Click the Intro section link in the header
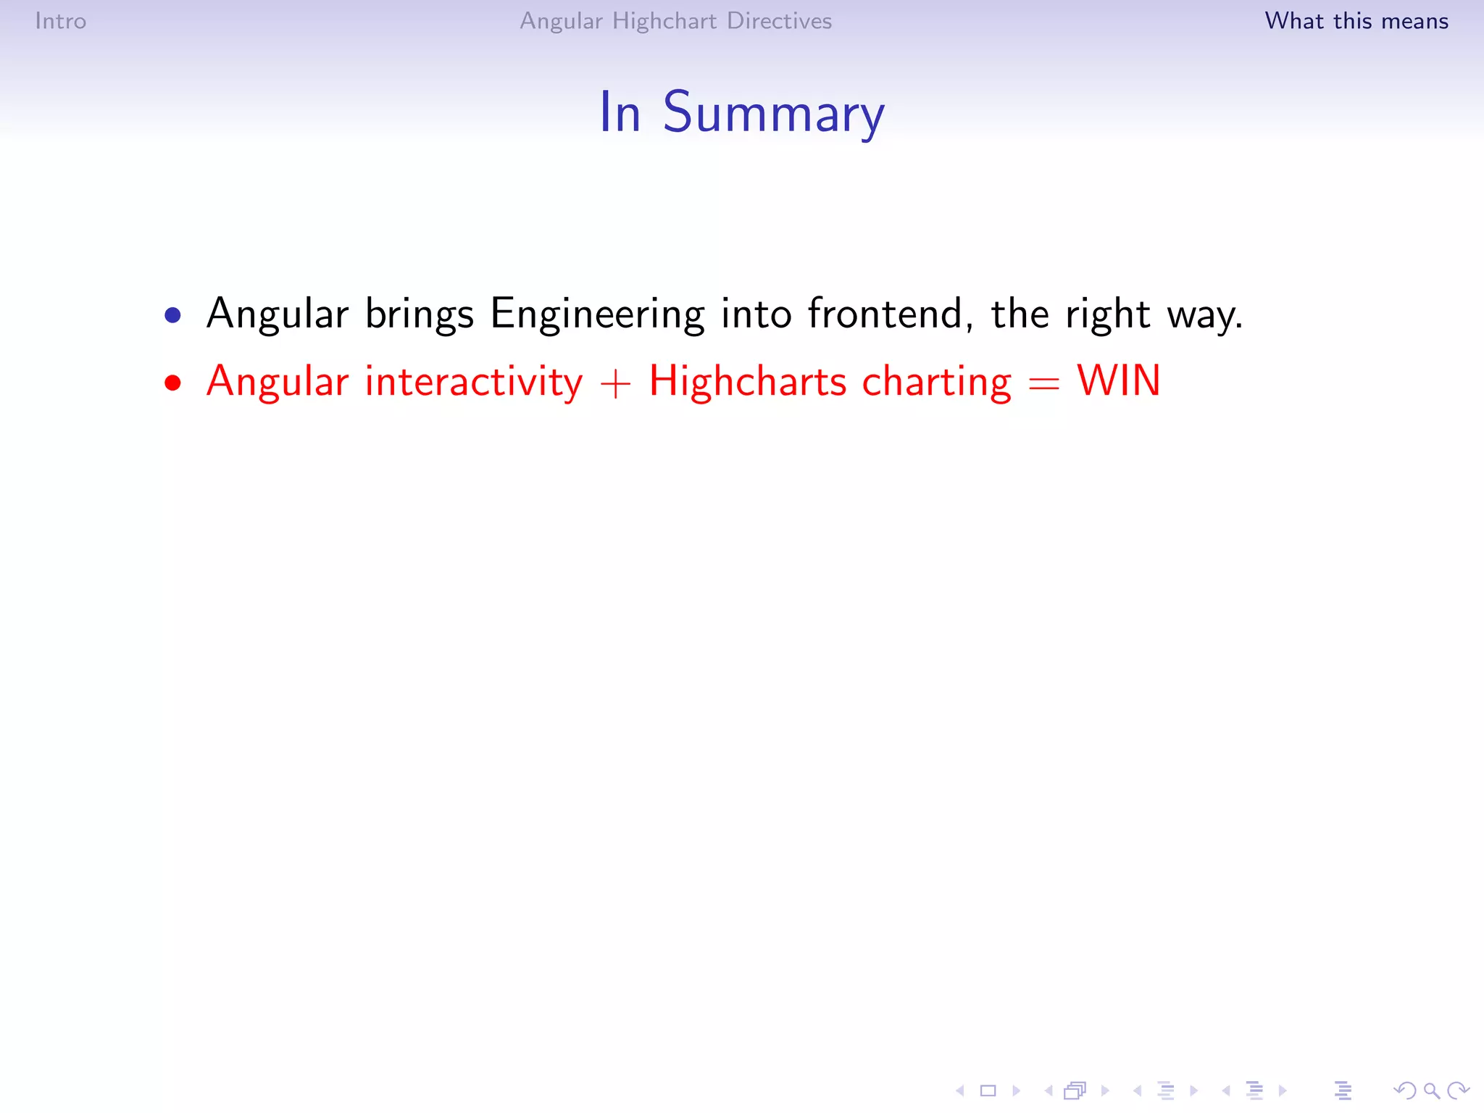click(x=61, y=21)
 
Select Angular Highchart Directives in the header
click(x=675, y=21)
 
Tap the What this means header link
click(x=1356, y=21)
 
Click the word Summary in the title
click(x=773, y=113)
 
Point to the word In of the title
click(x=620, y=113)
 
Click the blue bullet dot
click(x=172, y=315)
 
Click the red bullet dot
click(x=172, y=383)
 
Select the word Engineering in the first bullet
click(x=597, y=315)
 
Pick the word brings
click(x=419, y=315)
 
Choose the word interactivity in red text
click(x=473, y=382)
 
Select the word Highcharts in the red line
click(x=747, y=382)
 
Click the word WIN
click(x=1119, y=381)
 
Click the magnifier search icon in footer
click(x=1431, y=1091)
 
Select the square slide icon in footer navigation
click(x=988, y=1091)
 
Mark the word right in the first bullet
click(x=1107, y=315)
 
